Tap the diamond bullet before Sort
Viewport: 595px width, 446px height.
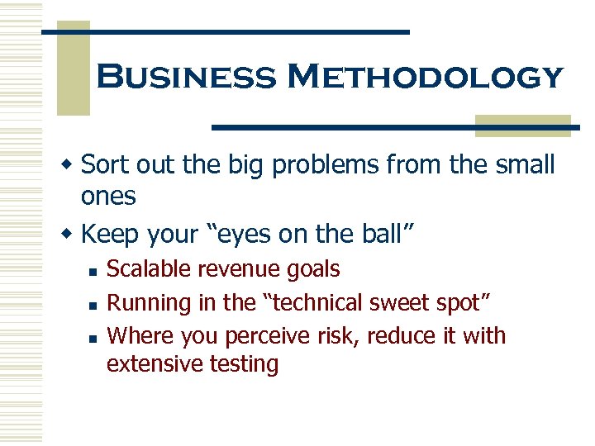(71, 166)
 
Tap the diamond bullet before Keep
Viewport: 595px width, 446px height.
(71, 235)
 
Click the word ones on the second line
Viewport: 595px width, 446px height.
(107, 197)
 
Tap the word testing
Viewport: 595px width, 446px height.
(245, 364)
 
